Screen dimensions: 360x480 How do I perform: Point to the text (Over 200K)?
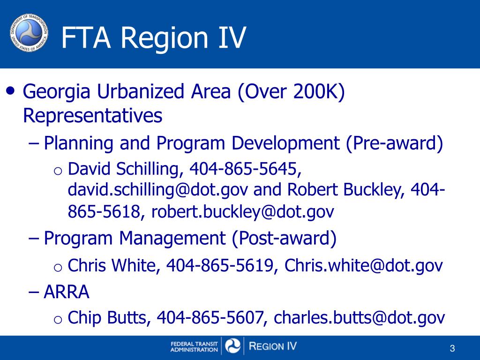pos(291,92)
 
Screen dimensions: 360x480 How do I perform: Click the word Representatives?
pos(93,115)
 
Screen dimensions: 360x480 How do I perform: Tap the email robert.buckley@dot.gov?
pos(242,212)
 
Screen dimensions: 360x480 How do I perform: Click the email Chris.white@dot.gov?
pos(364,266)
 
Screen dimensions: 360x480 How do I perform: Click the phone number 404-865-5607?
pos(209,318)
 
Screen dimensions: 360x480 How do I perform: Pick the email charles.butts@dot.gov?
pos(359,318)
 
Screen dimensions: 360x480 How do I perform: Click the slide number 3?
pos(452,348)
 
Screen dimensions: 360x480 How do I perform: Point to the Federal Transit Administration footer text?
pos(194,347)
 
